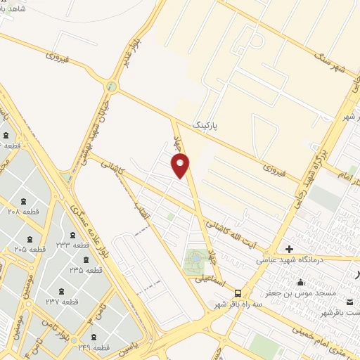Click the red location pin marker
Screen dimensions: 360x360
(181, 166)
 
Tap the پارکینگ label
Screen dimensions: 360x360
(205, 124)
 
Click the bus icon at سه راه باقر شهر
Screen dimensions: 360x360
(238, 293)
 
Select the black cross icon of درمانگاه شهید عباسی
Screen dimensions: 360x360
(289, 249)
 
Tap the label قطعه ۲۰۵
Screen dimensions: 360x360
(30, 249)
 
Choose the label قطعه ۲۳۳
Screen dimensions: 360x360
(73, 245)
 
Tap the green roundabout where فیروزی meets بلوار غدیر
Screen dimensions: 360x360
(111, 86)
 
